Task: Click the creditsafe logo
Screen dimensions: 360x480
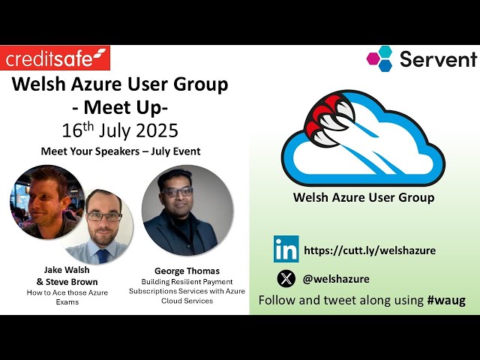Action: click(x=56, y=58)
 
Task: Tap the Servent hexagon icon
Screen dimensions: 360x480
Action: click(x=379, y=58)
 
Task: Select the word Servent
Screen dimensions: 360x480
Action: click(x=439, y=59)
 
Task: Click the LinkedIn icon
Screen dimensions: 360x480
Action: click(x=286, y=249)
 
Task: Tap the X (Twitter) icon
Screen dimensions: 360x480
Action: click(x=286, y=278)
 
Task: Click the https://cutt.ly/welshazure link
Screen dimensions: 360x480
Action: click(x=370, y=250)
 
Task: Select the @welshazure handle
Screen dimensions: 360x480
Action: click(x=336, y=279)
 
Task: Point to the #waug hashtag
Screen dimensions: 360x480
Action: click(x=446, y=300)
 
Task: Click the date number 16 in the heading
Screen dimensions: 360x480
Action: click(x=72, y=130)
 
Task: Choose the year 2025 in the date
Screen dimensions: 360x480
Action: click(x=156, y=130)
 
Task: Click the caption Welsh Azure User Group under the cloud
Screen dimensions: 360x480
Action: click(x=364, y=198)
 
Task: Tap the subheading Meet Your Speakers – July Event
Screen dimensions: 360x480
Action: click(x=121, y=151)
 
